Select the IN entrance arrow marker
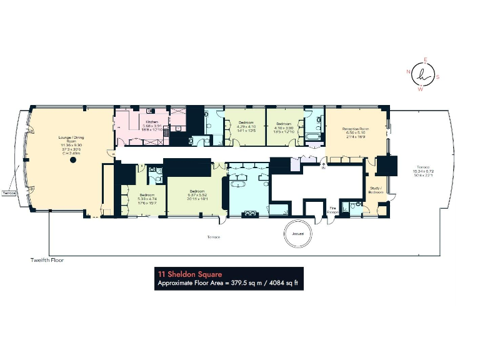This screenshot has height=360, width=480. [323, 166]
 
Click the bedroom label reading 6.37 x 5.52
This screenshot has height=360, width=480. [196, 193]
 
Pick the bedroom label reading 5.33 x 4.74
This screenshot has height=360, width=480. [147, 197]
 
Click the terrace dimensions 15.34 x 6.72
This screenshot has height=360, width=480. [422, 173]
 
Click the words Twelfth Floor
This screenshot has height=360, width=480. [47, 259]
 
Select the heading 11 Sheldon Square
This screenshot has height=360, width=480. [190, 274]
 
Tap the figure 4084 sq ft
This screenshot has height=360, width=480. [284, 283]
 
